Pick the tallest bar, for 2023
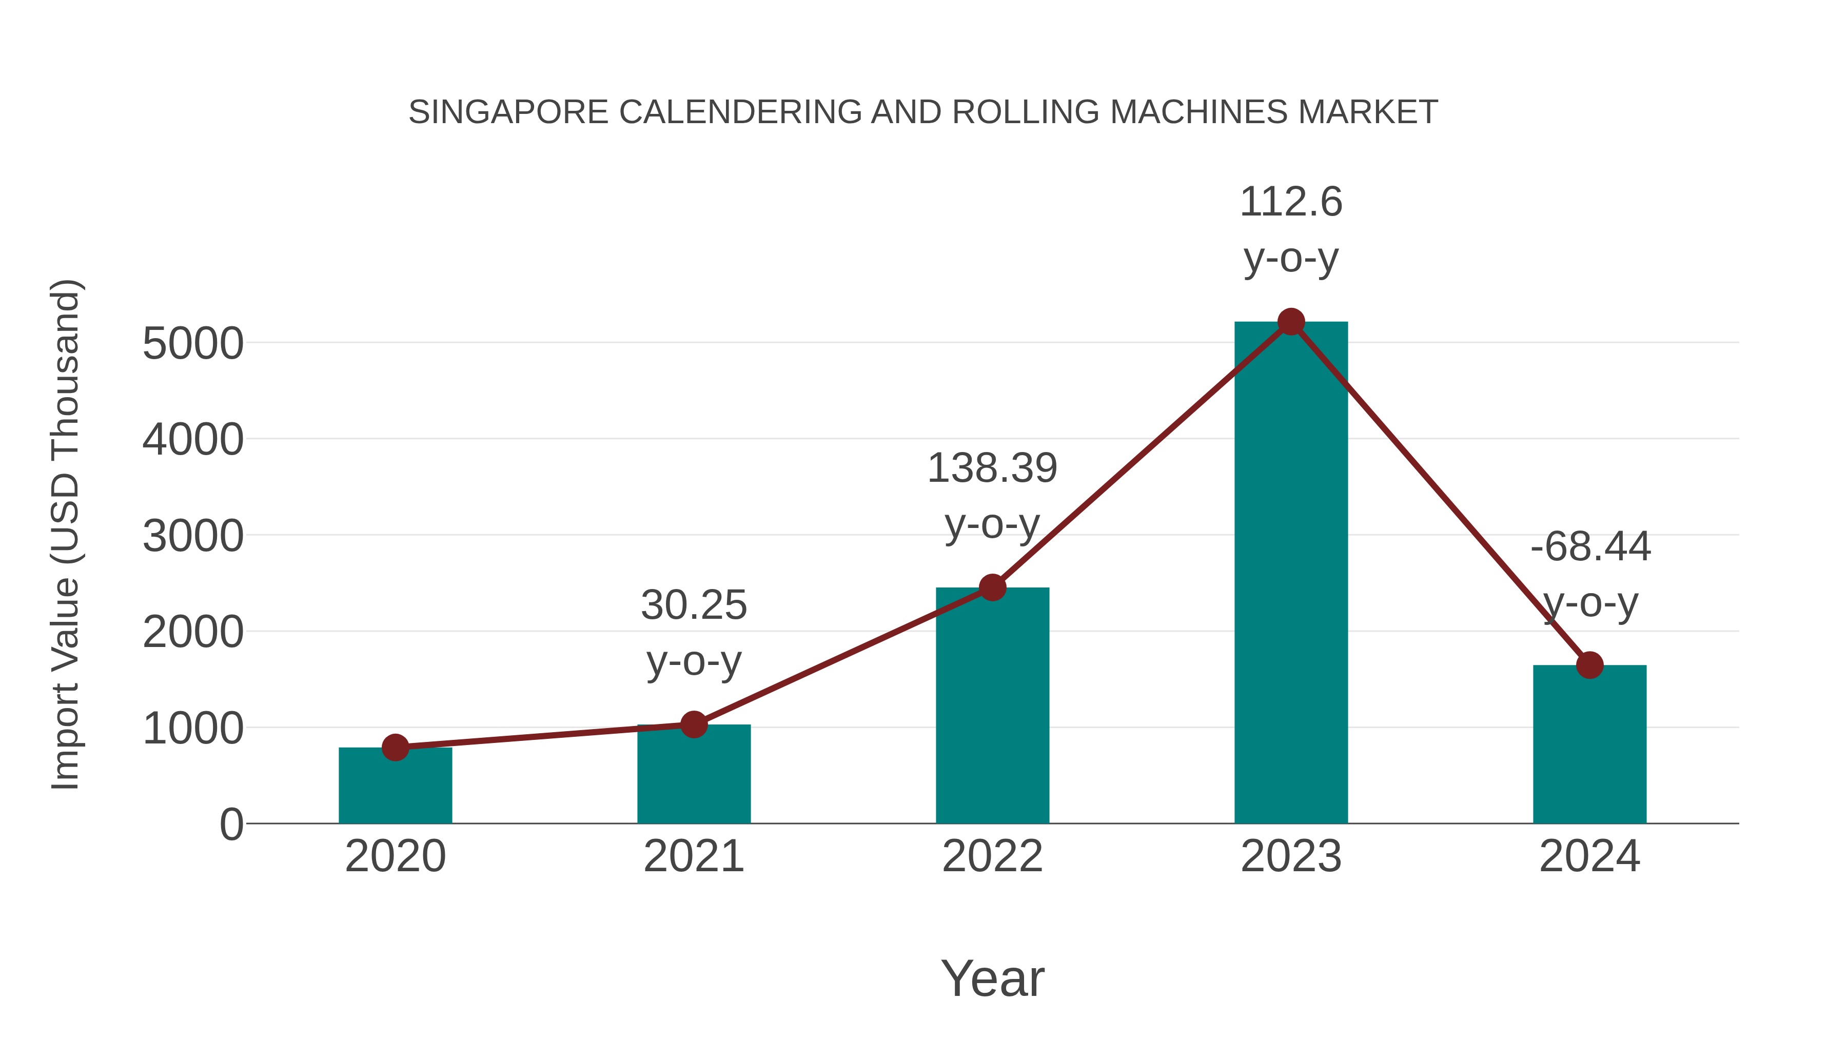1291,574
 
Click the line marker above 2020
395,747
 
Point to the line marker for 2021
693,724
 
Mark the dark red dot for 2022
992,587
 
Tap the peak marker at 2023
1291,322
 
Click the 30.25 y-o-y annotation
693,632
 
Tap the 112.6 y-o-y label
1291,229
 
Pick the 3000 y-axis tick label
193,536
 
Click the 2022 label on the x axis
992,856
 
